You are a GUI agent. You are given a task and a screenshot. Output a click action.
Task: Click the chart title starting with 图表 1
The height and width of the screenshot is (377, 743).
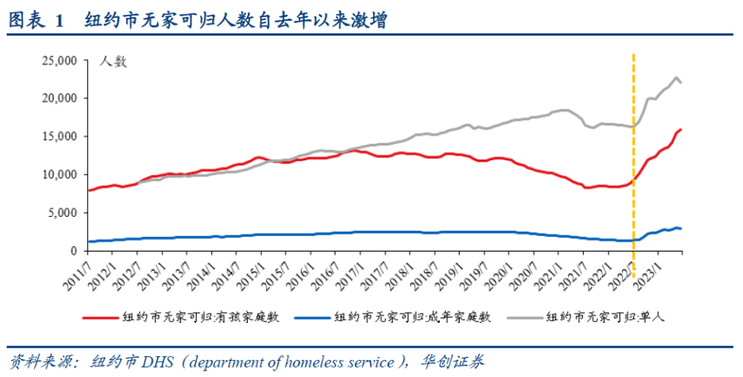tap(197, 21)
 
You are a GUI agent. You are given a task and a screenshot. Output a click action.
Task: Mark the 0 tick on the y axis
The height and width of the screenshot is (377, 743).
tap(74, 251)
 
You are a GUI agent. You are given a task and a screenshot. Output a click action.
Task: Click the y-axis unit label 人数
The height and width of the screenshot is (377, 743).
tap(114, 63)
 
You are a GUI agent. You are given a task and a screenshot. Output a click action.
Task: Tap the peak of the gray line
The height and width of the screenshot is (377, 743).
tap(676, 77)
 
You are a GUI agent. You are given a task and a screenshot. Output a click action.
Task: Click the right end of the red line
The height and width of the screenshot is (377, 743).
tap(681, 129)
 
